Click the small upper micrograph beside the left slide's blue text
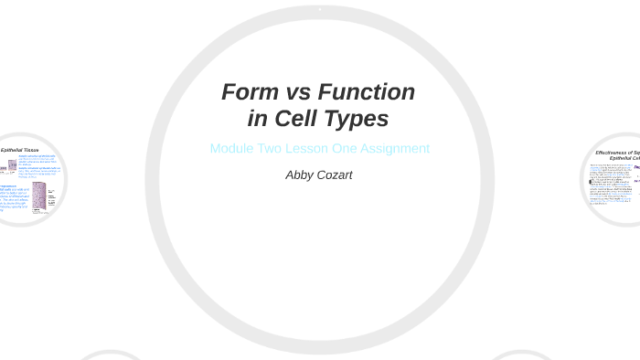point(13,166)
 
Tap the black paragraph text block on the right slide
point(607,183)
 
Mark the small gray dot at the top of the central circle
point(319,9)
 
